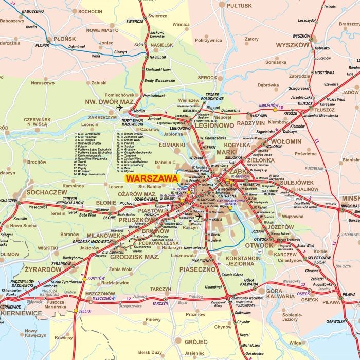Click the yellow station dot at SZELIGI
coord(76,311)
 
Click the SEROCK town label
coord(207,77)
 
